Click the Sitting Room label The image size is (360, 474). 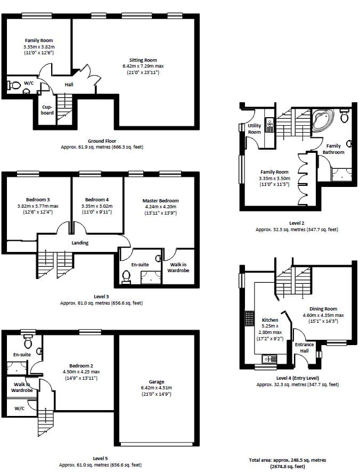point(143,60)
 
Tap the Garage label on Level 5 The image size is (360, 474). point(156,382)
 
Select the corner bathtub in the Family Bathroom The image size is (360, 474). point(322,120)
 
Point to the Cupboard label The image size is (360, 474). point(47,110)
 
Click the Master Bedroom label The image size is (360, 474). point(160,200)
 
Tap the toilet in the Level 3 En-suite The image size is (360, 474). point(126,276)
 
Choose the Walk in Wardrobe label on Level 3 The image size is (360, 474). point(178,267)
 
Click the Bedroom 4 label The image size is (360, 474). point(97,200)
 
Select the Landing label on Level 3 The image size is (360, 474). point(80,243)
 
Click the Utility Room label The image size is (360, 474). point(254,129)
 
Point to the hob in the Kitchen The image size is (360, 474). point(249,318)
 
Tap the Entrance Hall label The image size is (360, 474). point(304,348)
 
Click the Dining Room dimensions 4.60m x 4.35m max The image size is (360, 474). point(323,315)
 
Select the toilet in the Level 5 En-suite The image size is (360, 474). point(28,341)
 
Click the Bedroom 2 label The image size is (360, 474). point(81,366)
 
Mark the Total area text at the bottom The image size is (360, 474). point(288,463)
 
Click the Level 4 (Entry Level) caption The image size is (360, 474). point(298,378)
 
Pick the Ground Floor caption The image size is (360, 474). point(102,141)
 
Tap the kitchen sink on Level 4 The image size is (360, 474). point(269,359)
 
